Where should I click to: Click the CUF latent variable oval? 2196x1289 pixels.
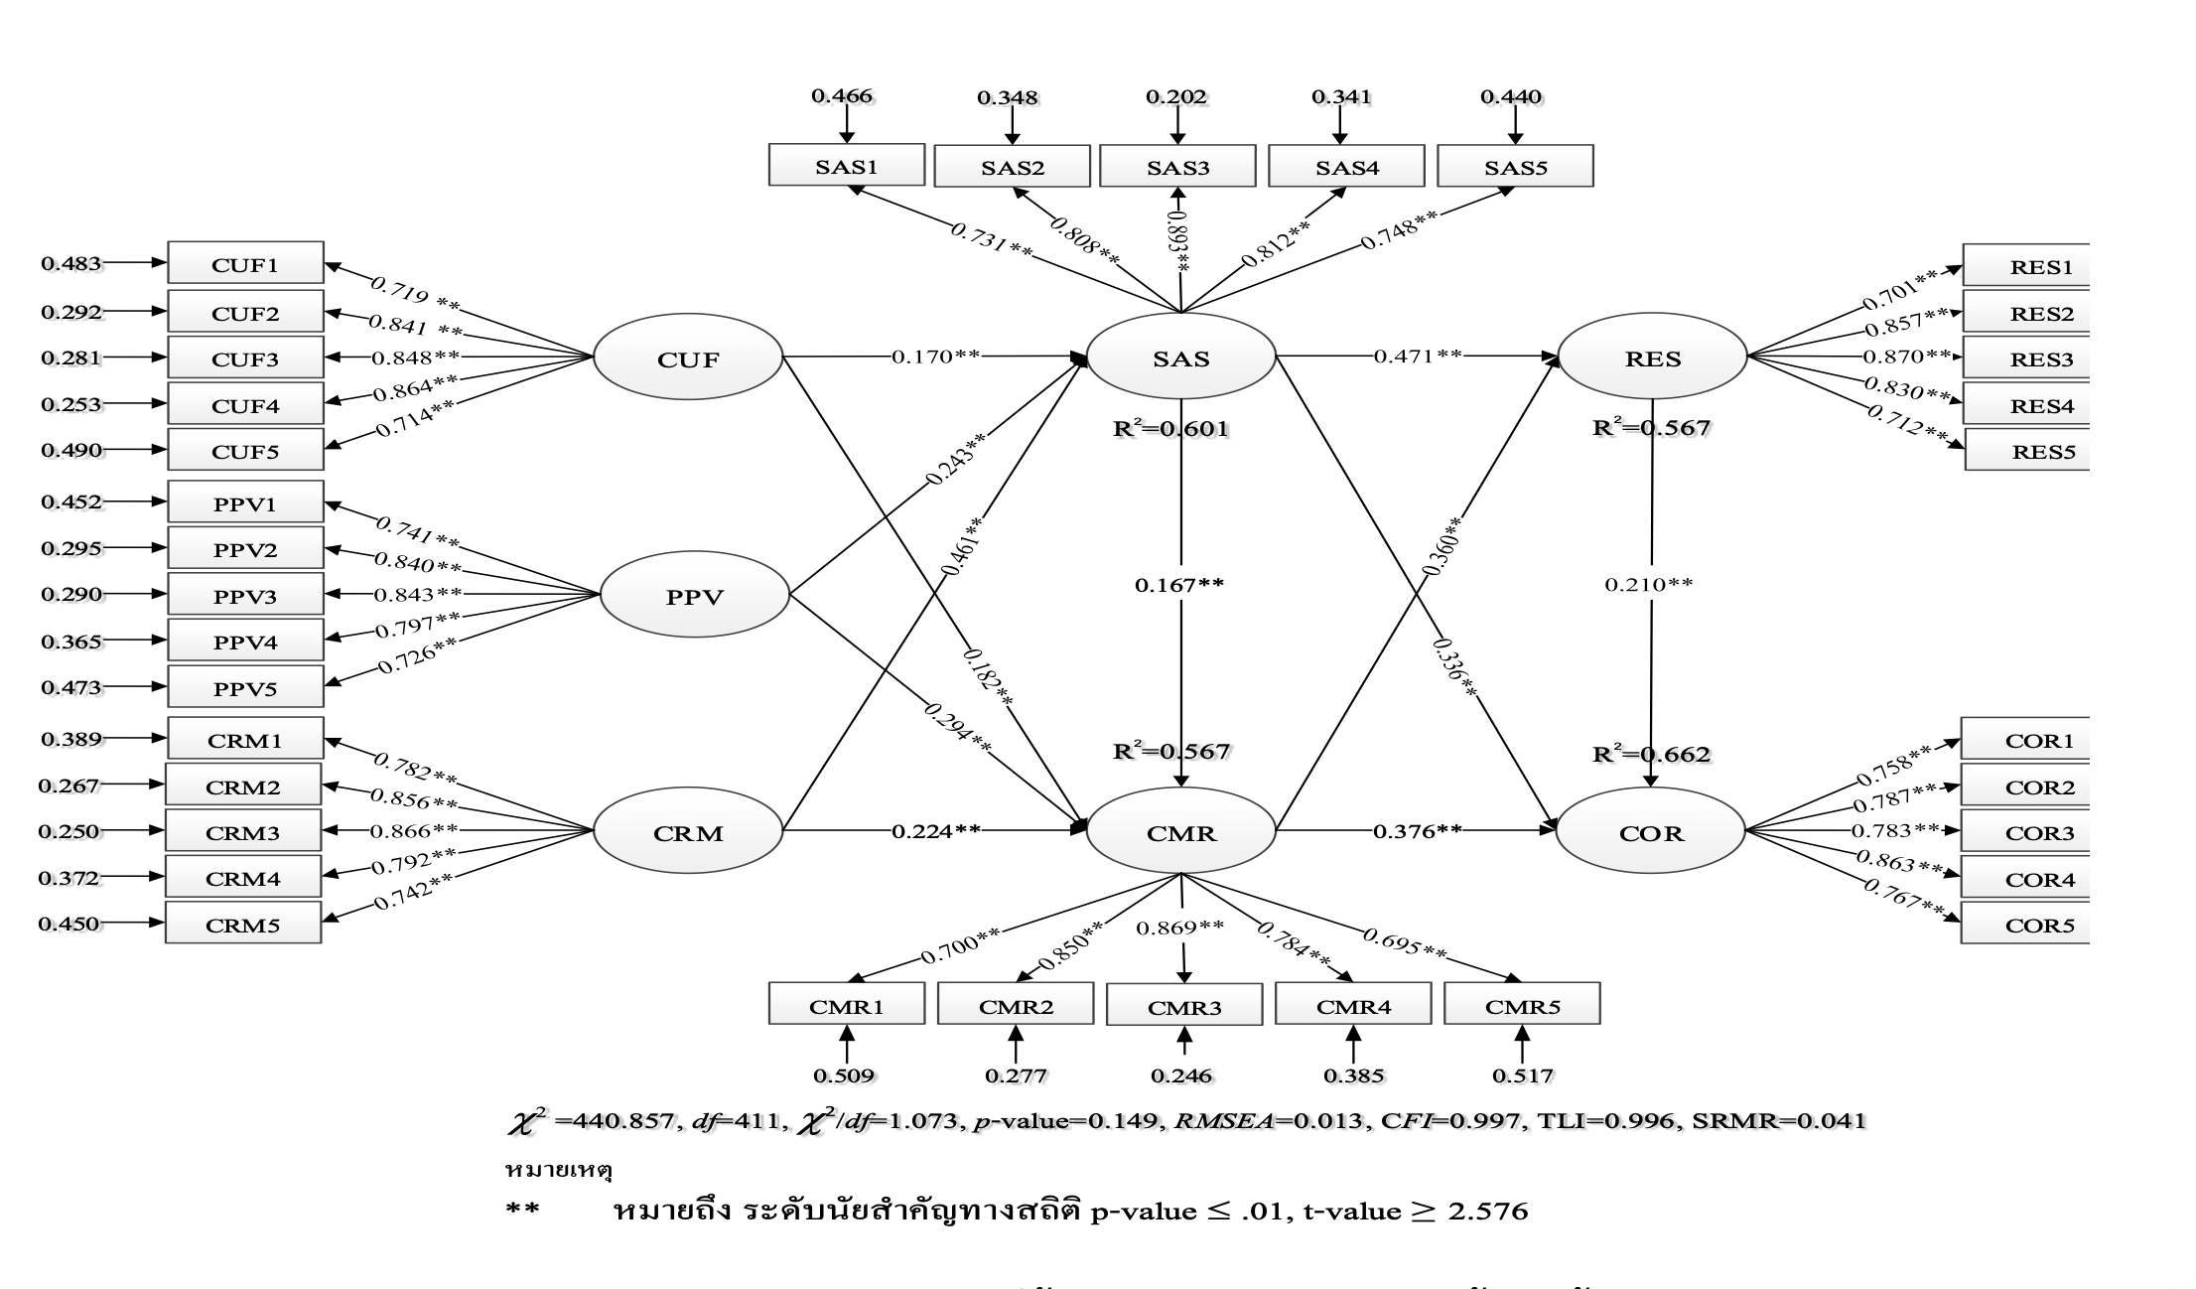688,358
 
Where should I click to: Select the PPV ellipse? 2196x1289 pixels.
694,597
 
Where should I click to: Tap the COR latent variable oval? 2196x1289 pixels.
1650,832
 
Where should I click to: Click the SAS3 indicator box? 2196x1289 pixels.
1177,167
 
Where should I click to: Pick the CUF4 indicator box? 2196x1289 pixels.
245,405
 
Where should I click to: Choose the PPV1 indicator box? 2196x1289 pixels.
245,503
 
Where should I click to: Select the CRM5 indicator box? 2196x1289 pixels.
243,925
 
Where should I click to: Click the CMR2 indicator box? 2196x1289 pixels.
1016,1006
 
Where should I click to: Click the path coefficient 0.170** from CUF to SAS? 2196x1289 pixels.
935,356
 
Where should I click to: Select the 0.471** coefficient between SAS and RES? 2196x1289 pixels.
1418,356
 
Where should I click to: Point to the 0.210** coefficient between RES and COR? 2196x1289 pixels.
1648,585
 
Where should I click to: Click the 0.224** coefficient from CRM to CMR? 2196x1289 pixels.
935,830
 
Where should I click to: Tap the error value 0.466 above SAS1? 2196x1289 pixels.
842,96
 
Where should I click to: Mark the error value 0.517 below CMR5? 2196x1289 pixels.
1523,1074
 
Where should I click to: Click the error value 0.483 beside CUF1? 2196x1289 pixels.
70,264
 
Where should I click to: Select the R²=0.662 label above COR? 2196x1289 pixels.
1651,755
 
